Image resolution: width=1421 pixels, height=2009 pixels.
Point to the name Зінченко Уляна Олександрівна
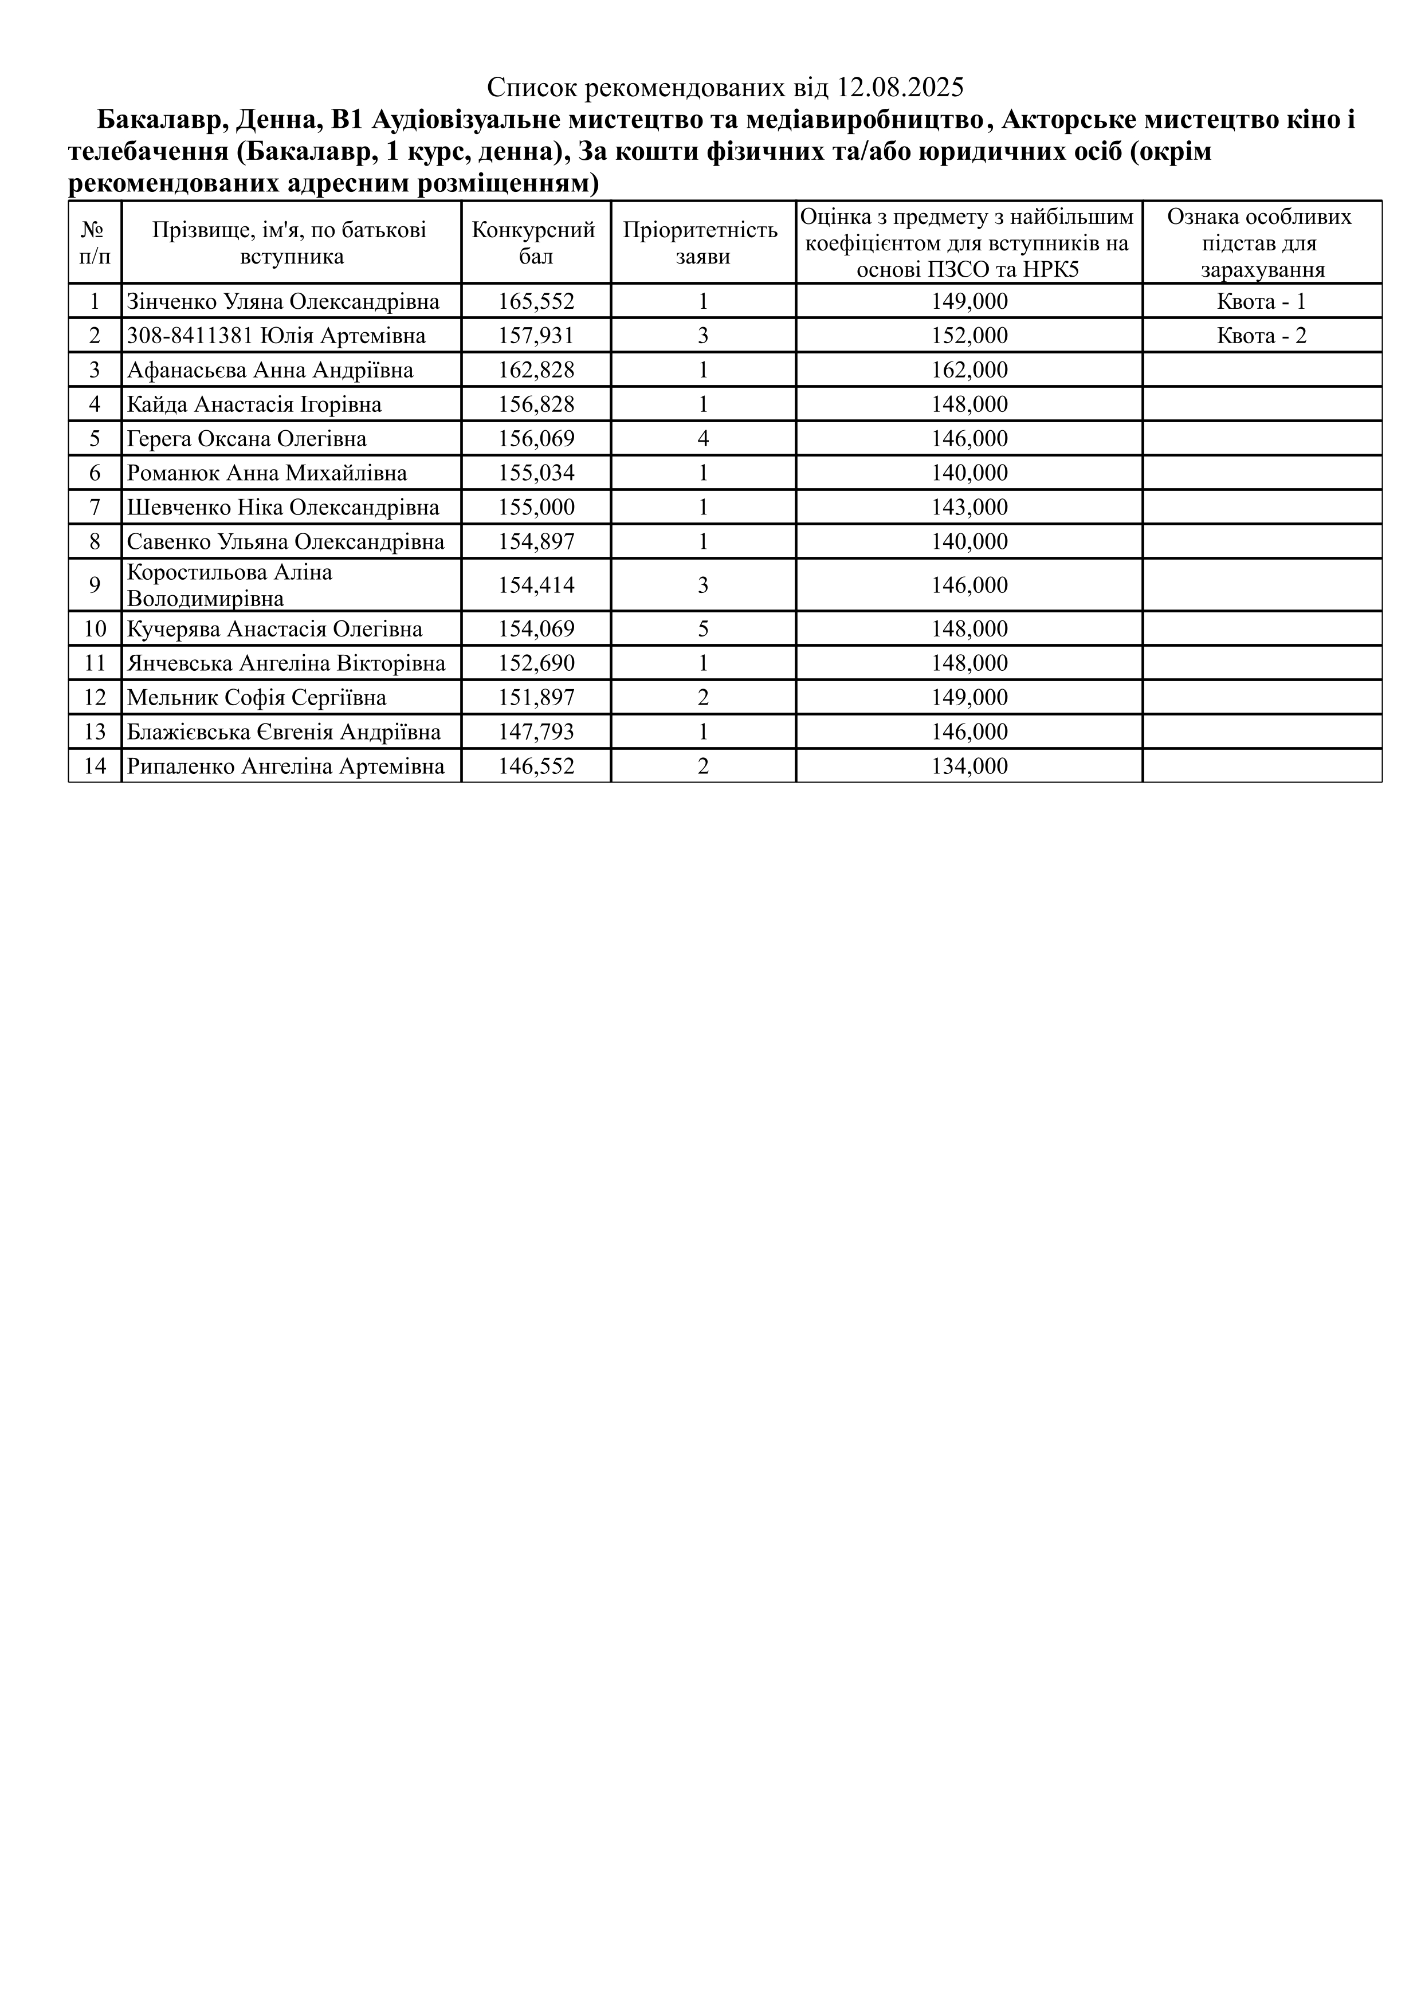282,302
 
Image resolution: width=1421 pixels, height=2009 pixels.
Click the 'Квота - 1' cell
1261,302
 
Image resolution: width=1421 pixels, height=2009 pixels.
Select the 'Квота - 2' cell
1261,336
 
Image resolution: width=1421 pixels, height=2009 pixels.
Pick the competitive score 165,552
536,302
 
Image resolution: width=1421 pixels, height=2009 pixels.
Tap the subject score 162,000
969,370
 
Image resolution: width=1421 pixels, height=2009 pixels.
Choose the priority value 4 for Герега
702,438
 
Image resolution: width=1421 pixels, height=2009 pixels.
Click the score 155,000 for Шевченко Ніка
536,508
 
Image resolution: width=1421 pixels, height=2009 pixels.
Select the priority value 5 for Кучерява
702,629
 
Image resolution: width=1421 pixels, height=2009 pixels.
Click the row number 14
95,766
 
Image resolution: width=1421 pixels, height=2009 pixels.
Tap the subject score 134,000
969,766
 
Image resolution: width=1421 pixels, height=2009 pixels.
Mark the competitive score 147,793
536,732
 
